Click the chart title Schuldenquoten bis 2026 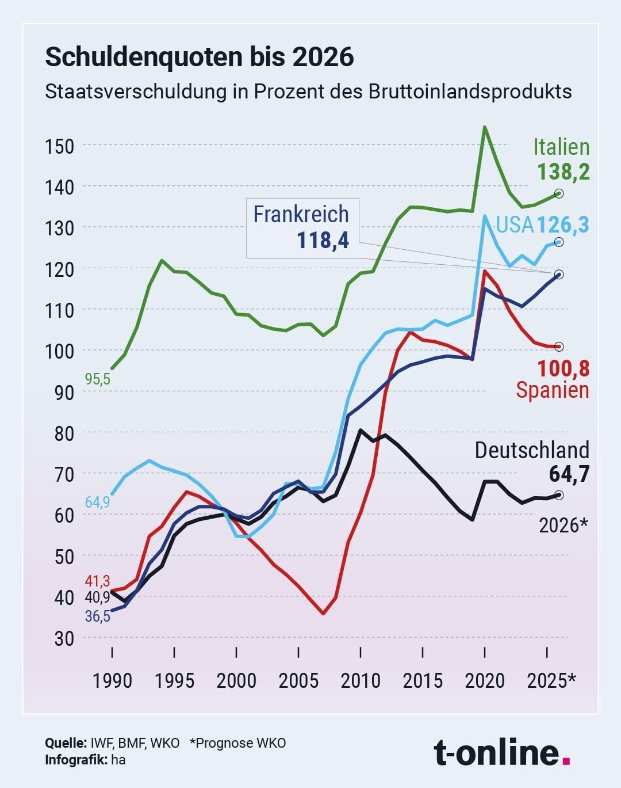(x=199, y=57)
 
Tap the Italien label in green (x=561, y=147)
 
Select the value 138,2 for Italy (x=563, y=172)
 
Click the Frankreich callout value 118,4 (x=323, y=239)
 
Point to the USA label (x=515, y=224)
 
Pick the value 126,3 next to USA (x=563, y=224)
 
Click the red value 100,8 (x=563, y=368)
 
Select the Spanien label (x=553, y=390)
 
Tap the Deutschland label (x=532, y=450)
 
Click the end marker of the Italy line (x=559, y=193)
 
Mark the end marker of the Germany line (x=559, y=495)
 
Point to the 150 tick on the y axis (x=59, y=146)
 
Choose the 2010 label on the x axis (x=361, y=681)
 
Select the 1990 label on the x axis (x=112, y=681)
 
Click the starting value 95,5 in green (x=97, y=380)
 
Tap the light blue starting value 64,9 (x=97, y=502)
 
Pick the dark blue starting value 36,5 (x=97, y=616)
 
